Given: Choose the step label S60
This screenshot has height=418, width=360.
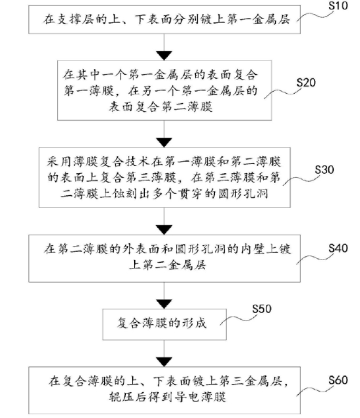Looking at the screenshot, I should (x=337, y=380).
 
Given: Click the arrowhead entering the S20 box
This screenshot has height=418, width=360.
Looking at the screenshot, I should (x=165, y=55).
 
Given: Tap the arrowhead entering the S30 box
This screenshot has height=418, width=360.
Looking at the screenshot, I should (x=165, y=141).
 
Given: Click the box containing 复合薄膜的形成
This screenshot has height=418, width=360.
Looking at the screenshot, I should (x=165, y=322).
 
